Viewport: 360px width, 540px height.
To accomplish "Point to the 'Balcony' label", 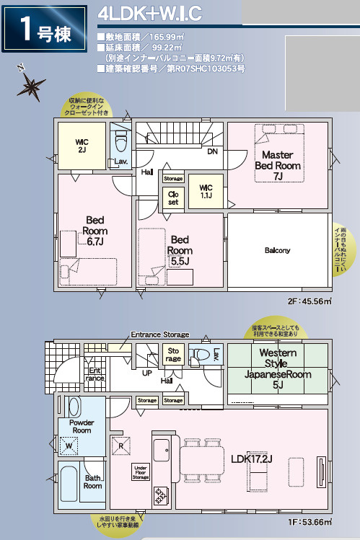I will click(277, 250).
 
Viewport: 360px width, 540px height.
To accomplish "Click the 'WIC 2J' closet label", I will click(81, 146).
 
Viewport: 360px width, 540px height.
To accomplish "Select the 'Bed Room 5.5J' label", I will click(180, 249).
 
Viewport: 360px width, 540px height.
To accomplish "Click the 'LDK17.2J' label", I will click(255, 459).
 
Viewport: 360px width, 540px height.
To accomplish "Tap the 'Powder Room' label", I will click(81, 426).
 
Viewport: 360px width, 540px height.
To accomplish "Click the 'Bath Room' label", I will click(92, 482).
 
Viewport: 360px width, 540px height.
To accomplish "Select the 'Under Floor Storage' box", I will click(140, 473).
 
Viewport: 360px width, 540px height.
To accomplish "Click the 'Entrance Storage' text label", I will click(159, 335).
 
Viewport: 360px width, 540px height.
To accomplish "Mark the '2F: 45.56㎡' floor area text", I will click(309, 301).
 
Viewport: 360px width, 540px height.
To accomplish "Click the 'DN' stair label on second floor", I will click(212, 152).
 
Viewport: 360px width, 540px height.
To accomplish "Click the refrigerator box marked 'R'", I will click(120, 446).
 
